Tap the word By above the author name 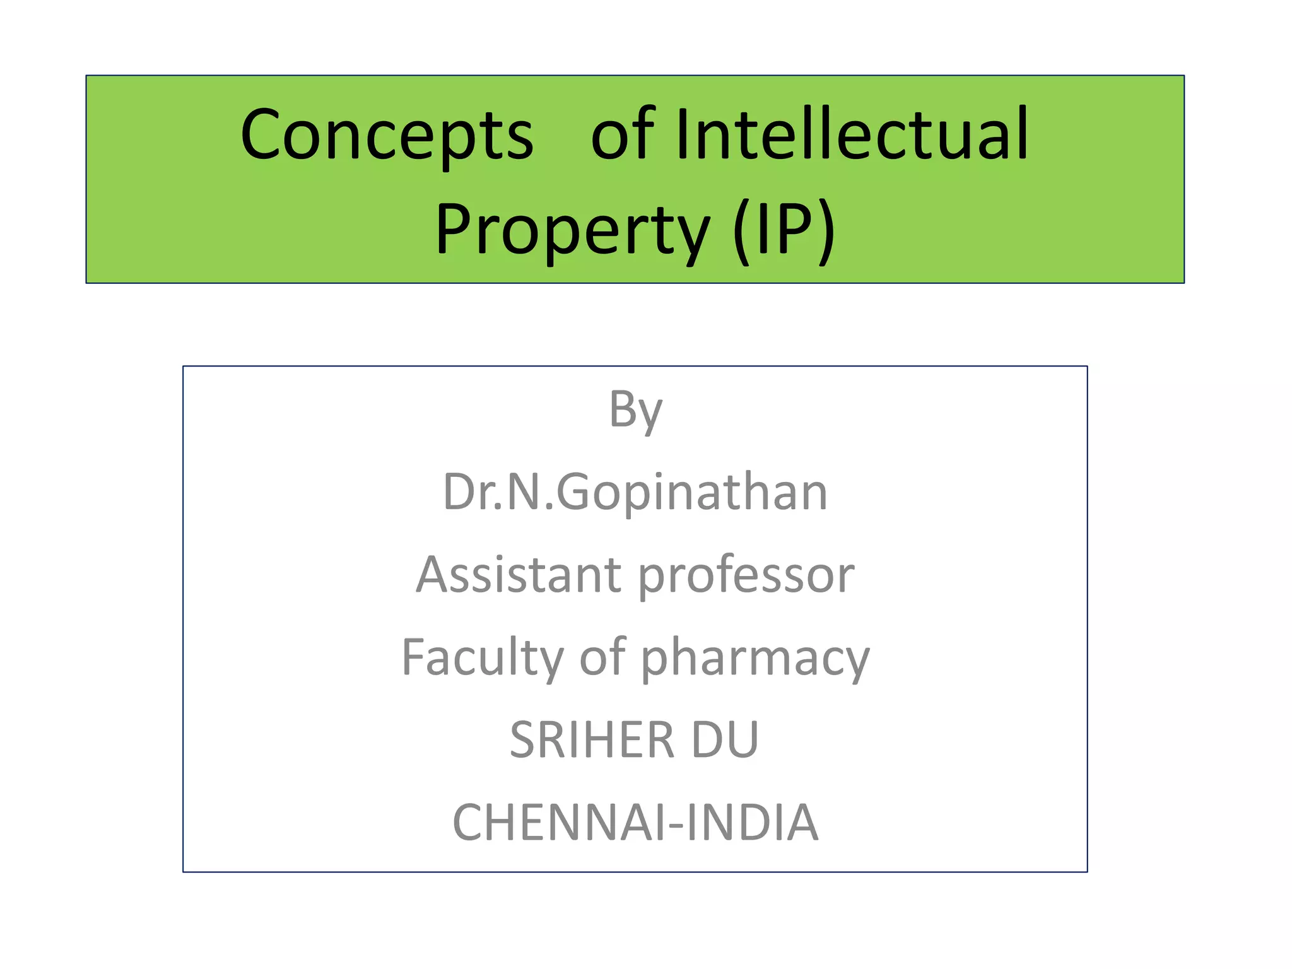tap(635, 410)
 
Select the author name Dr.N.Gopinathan tap(635, 492)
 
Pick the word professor tap(746, 576)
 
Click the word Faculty tap(483, 657)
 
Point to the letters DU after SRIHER tap(725, 740)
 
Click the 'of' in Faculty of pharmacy tap(602, 657)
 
